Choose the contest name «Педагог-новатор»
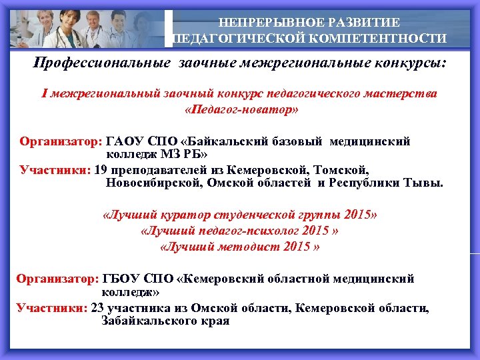click(240, 109)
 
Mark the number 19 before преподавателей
click(101, 169)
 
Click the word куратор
click(185, 216)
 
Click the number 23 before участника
click(97, 308)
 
